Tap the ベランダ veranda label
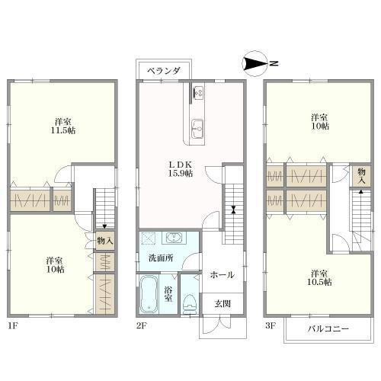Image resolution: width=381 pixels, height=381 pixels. click(x=164, y=71)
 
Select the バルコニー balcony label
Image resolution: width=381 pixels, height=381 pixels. click(x=328, y=329)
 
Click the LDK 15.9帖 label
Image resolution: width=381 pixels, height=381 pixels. click(x=181, y=169)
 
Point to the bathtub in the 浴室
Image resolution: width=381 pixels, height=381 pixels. click(x=149, y=294)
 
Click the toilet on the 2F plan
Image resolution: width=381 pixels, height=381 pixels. click(x=190, y=303)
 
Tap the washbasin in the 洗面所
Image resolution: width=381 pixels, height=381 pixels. click(x=174, y=238)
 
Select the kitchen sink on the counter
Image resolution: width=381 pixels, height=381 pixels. click(x=197, y=129)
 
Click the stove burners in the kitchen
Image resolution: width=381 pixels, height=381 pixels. click(x=198, y=93)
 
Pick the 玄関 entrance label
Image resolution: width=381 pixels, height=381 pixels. click(x=223, y=303)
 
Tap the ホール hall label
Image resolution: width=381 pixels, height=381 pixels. click(x=223, y=274)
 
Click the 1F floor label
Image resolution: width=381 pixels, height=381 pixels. click(x=13, y=325)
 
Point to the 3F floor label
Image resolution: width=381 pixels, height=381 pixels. click(x=271, y=325)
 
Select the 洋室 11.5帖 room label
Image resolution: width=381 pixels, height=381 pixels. click(x=63, y=126)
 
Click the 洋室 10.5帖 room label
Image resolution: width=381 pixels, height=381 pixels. click(x=319, y=277)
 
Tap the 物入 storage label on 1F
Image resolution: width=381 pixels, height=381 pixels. click(x=105, y=240)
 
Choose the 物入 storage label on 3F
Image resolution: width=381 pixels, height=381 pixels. click(x=361, y=176)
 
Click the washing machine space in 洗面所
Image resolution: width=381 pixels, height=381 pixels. click(x=149, y=239)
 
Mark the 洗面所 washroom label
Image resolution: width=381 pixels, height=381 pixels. click(x=161, y=258)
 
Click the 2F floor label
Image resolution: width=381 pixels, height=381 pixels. click(x=142, y=325)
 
